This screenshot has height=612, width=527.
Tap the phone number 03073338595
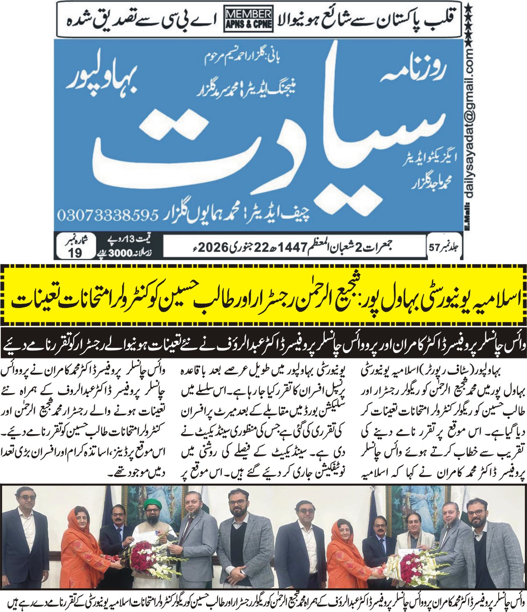pos(108,214)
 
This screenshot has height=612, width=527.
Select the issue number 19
pos(75,253)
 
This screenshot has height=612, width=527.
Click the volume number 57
pos(434,247)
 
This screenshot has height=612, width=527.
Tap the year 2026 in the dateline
pos(213,247)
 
